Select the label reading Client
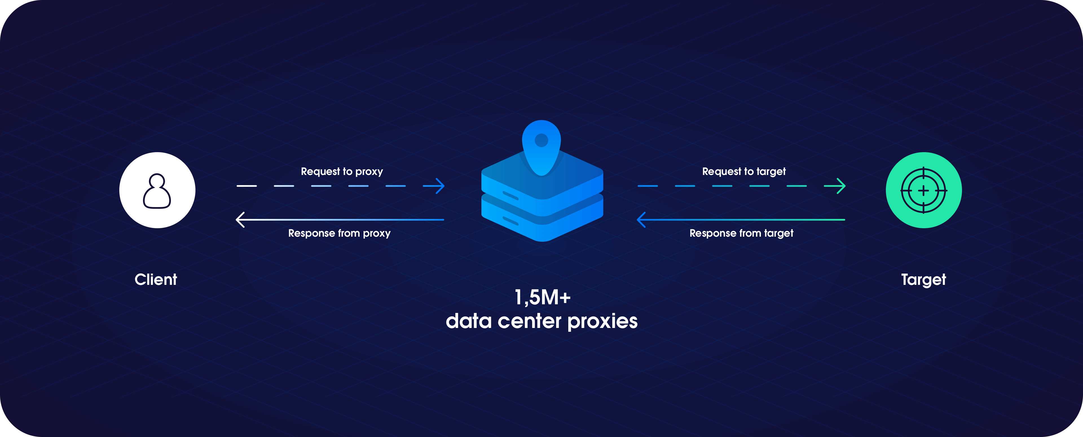click(x=156, y=280)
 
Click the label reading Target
click(x=923, y=280)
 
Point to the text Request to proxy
click(x=342, y=171)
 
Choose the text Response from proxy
click(x=339, y=233)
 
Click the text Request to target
click(x=744, y=171)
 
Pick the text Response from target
click(x=741, y=233)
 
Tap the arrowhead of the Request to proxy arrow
click(x=439, y=186)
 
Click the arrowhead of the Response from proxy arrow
click(x=241, y=219)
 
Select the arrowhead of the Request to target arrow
click(x=840, y=186)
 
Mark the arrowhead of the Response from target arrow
click(x=642, y=219)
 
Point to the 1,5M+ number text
click(x=542, y=298)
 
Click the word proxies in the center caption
click(x=602, y=322)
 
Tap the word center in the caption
click(x=530, y=322)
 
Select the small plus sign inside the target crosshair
click(x=923, y=191)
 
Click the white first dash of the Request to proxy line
click(x=247, y=186)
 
